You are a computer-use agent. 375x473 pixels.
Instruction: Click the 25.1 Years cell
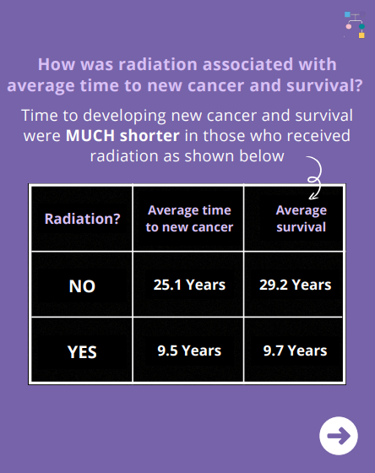[x=189, y=285]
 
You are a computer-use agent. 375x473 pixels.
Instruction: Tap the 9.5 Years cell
[x=189, y=351]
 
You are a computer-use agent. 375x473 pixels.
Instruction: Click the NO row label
[x=82, y=286]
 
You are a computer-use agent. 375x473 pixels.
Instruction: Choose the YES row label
[x=82, y=352]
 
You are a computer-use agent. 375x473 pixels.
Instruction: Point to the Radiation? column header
[x=83, y=219]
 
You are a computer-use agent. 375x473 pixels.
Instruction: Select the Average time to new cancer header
[x=189, y=219]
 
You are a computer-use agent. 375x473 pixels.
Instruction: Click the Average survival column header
[x=301, y=219]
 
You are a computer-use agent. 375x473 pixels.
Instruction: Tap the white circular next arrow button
[x=339, y=436]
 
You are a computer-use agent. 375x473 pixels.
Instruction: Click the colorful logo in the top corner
[x=355, y=24]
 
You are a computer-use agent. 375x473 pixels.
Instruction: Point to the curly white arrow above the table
[x=315, y=177]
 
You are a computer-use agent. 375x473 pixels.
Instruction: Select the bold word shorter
[x=149, y=136]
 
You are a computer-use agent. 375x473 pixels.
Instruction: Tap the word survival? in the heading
[x=324, y=85]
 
